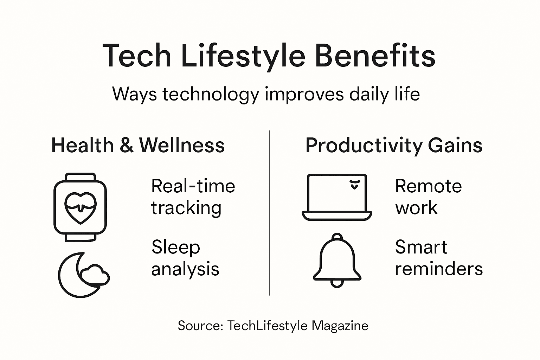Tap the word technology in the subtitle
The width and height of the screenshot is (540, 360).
click(211, 95)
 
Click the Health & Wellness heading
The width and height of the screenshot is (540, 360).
click(138, 145)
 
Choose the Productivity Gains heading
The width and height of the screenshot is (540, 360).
click(394, 145)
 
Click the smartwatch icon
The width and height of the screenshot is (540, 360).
click(80, 207)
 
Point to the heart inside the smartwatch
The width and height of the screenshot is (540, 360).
click(80, 207)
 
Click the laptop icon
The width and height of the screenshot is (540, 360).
click(337, 197)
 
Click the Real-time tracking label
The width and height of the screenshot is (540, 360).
click(193, 197)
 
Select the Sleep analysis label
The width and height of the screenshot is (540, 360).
click(185, 258)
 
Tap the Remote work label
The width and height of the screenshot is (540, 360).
click(428, 197)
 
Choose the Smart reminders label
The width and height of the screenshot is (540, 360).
click(438, 258)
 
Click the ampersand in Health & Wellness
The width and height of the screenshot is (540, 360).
click(126, 146)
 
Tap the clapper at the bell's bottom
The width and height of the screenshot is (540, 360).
click(337, 283)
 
